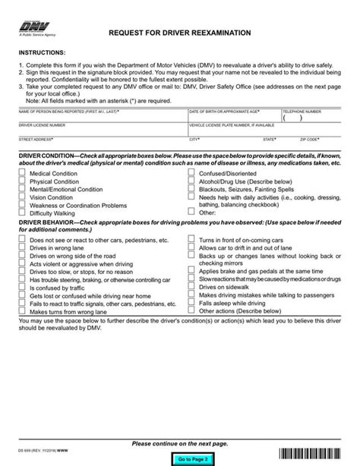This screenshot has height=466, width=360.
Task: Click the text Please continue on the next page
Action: pos(179,442)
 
